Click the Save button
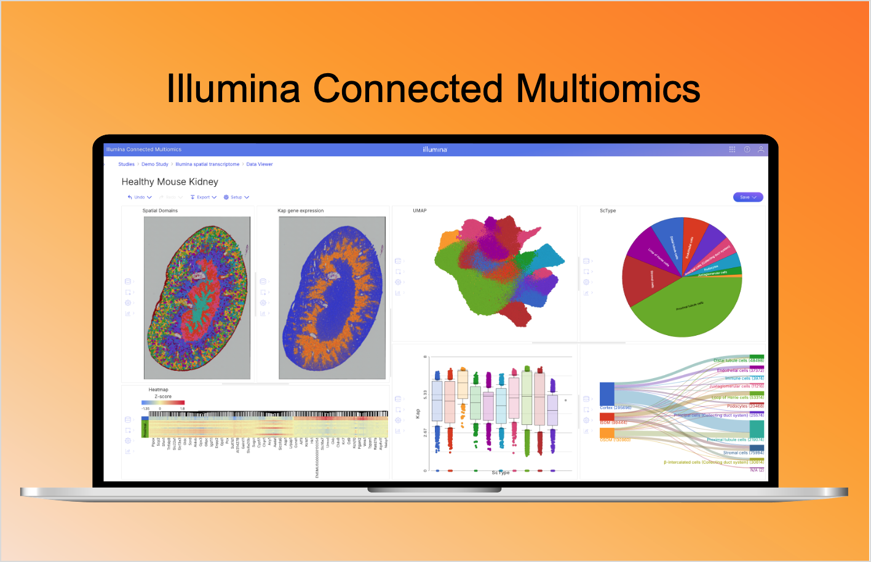point(747,197)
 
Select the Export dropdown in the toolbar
point(203,197)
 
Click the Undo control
point(139,197)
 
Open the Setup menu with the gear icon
point(236,197)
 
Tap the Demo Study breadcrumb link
point(154,164)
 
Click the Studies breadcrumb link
point(126,164)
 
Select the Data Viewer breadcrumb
point(260,164)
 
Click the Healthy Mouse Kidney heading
point(170,182)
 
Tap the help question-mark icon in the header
point(747,149)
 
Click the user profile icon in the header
point(761,149)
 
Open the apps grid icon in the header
point(732,149)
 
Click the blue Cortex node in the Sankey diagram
point(607,394)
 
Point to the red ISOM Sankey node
point(607,416)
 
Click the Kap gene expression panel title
point(300,211)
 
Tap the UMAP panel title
point(420,211)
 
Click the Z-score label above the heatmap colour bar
point(163,397)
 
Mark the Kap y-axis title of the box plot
point(418,414)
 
